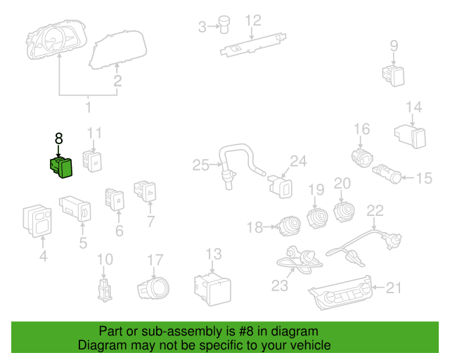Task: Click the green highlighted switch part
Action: (x=61, y=167)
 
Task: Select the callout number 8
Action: (x=58, y=139)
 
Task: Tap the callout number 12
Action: (x=253, y=20)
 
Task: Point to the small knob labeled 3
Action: (x=224, y=24)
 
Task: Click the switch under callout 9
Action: (x=393, y=76)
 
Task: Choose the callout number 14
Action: (x=414, y=107)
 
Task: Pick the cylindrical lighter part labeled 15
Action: (x=387, y=173)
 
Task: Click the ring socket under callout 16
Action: (x=362, y=157)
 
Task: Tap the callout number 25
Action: (x=200, y=165)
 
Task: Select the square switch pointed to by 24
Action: (x=280, y=186)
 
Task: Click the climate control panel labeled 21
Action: (x=340, y=292)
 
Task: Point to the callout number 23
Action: (x=280, y=285)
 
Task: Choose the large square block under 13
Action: (x=212, y=290)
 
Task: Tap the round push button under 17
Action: (x=153, y=288)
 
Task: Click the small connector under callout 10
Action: (x=105, y=290)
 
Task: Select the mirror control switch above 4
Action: (x=37, y=221)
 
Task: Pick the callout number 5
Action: (x=83, y=243)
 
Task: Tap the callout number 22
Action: (x=375, y=211)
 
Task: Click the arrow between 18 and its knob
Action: (x=269, y=227)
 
